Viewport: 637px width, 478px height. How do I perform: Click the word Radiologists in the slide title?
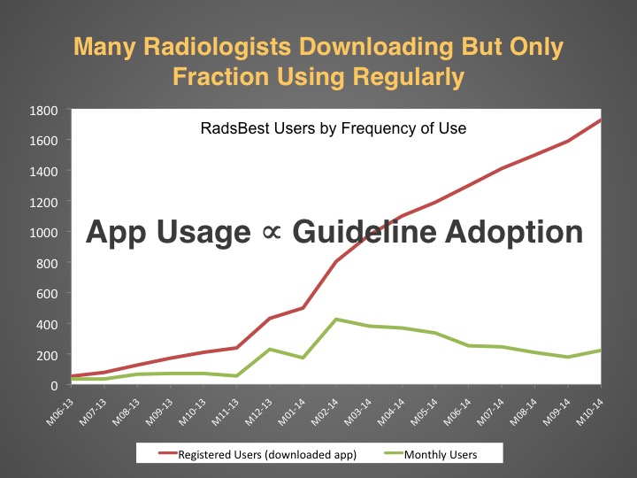(218, 47)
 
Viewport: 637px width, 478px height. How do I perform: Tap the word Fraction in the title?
(221, 76)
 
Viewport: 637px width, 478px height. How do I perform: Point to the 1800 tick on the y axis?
(43, 111)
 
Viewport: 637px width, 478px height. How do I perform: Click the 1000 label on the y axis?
(43, 233)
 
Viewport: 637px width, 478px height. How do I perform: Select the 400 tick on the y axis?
(47, 324)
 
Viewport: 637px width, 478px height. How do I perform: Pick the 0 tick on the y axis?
(54, 385)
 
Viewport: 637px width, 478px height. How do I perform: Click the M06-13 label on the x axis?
(60, 412)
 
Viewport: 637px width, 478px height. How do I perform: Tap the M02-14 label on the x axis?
(325, 412)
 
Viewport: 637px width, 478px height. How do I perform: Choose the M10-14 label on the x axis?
(589, 412)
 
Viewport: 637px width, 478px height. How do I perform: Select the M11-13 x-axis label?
(225, 412)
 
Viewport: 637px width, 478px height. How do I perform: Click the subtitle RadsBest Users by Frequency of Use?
(334, 128)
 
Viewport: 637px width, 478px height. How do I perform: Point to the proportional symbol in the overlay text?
(272, 233)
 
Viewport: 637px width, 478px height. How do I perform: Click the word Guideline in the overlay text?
(365, 233)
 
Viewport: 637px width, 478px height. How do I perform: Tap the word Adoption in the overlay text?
(514, 233)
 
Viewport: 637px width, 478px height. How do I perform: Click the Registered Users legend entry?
(258, 454)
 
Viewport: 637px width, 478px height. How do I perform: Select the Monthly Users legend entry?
(431, 454)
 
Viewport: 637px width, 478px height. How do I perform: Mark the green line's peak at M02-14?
(336, 320)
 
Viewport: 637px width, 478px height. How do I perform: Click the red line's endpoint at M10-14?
(601, 119)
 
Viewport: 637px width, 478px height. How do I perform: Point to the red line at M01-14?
(303, 308)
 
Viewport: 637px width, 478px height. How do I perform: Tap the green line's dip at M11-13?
(237, 376)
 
